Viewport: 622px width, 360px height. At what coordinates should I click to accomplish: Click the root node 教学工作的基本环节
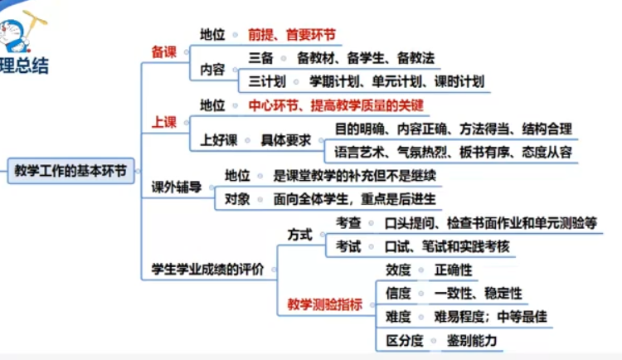pos(70,171)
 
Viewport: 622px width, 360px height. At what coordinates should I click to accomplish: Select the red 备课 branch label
pos(163,52)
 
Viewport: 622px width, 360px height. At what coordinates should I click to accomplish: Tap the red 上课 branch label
pos(163,123)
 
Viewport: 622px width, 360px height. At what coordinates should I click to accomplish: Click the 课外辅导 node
pos(177,187)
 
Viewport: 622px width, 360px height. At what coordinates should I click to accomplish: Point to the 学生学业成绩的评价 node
pos(207,269)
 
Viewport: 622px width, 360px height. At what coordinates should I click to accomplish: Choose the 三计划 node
pos(267,81)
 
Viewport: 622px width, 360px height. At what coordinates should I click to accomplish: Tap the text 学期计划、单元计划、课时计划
pos(396,81)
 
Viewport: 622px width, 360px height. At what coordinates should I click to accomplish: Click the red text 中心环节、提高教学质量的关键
pos(336,105)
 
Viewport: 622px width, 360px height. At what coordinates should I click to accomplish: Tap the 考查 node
pos(348,222)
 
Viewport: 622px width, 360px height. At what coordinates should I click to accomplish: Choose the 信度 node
pos(398,293)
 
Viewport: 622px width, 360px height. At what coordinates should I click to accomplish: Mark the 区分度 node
pos(405,340)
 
